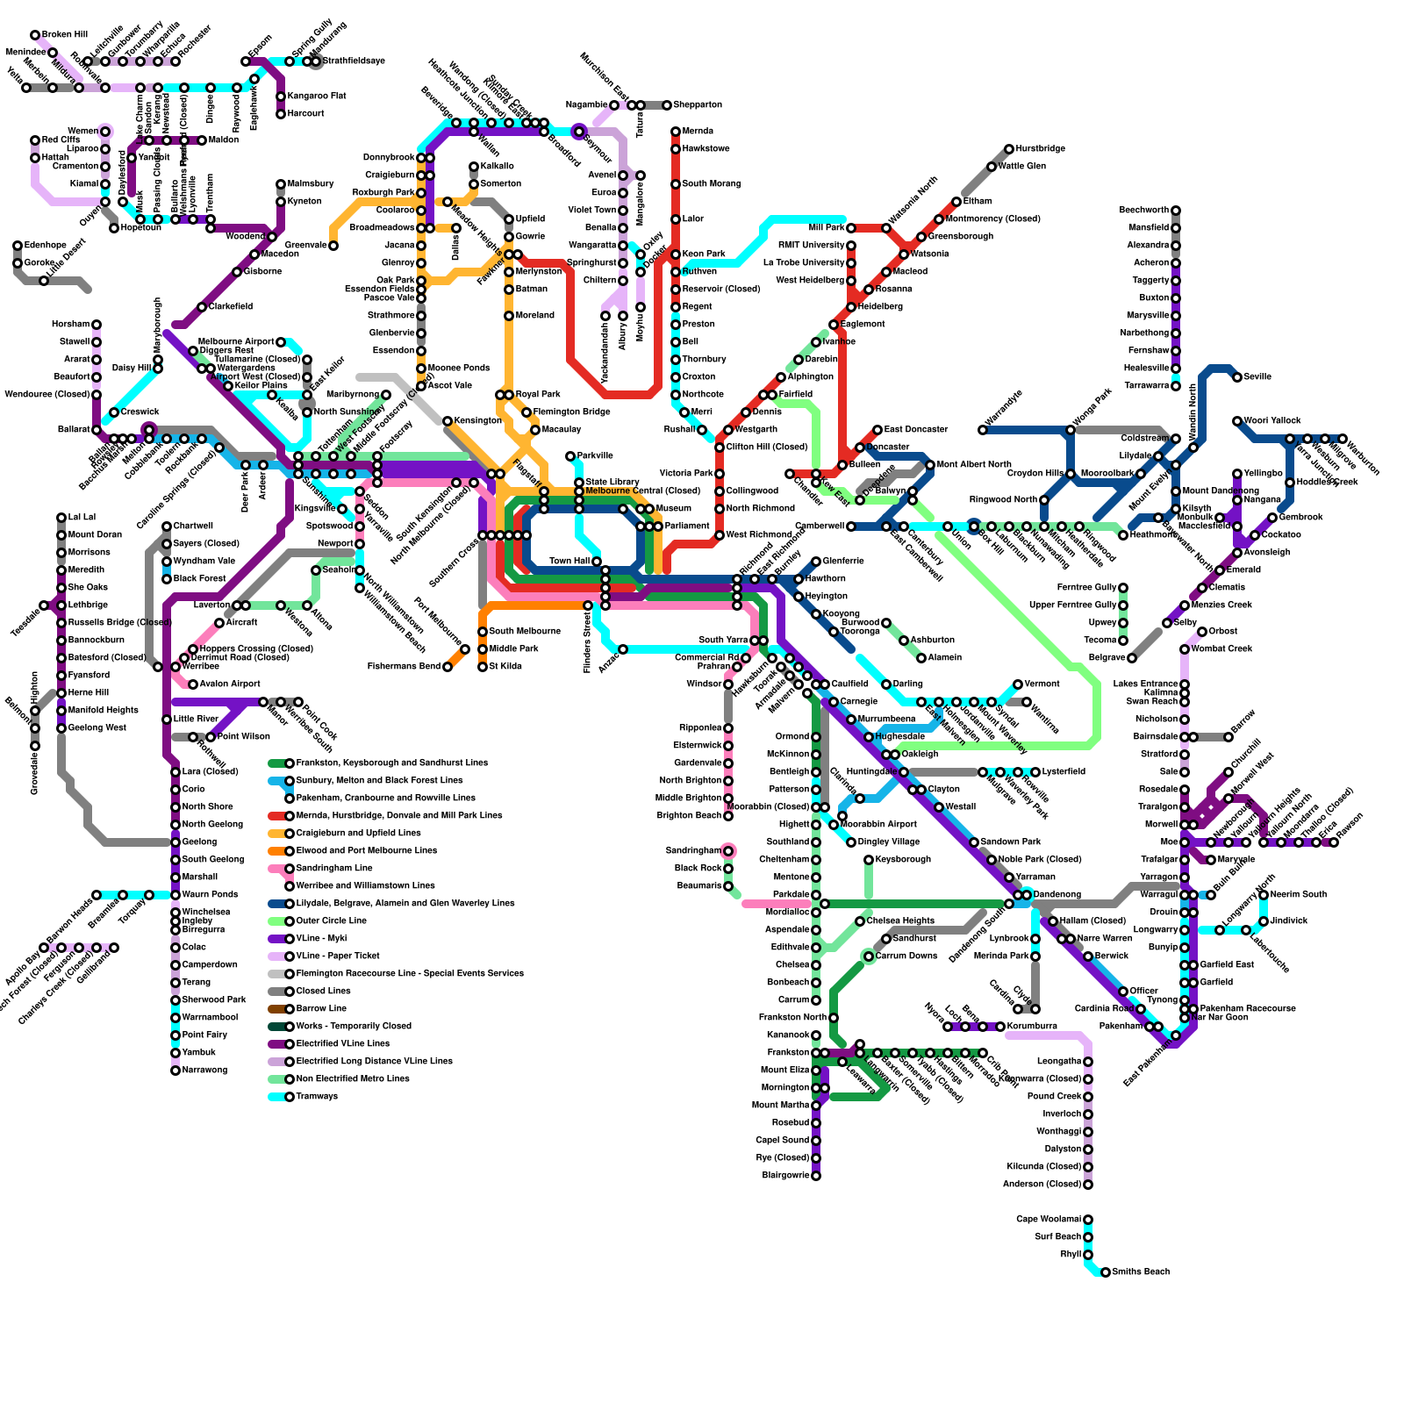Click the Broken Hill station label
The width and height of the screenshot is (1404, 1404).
point(64,35)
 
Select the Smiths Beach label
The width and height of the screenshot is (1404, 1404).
point(1141,1272)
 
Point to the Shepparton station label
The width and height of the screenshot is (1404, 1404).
point(698,105)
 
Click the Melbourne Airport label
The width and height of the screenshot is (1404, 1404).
point(236,342)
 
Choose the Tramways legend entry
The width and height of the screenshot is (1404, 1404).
point(317,1097)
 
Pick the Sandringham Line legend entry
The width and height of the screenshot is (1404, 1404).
point(334,869)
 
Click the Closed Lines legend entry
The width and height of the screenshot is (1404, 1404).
point(324,992)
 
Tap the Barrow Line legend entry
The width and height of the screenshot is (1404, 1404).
point(321,1009)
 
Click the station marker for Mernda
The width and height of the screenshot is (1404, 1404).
point(676,132)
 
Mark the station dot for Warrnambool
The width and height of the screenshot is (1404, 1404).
point(175,1018)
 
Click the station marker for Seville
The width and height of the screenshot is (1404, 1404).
point(1237,377)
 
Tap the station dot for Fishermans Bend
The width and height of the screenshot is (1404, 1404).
point(448,667)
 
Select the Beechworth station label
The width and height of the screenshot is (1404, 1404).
point(1143,211)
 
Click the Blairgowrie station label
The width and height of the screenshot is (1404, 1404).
point(785,1176)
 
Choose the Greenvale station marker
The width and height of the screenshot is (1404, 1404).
point(333,246)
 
